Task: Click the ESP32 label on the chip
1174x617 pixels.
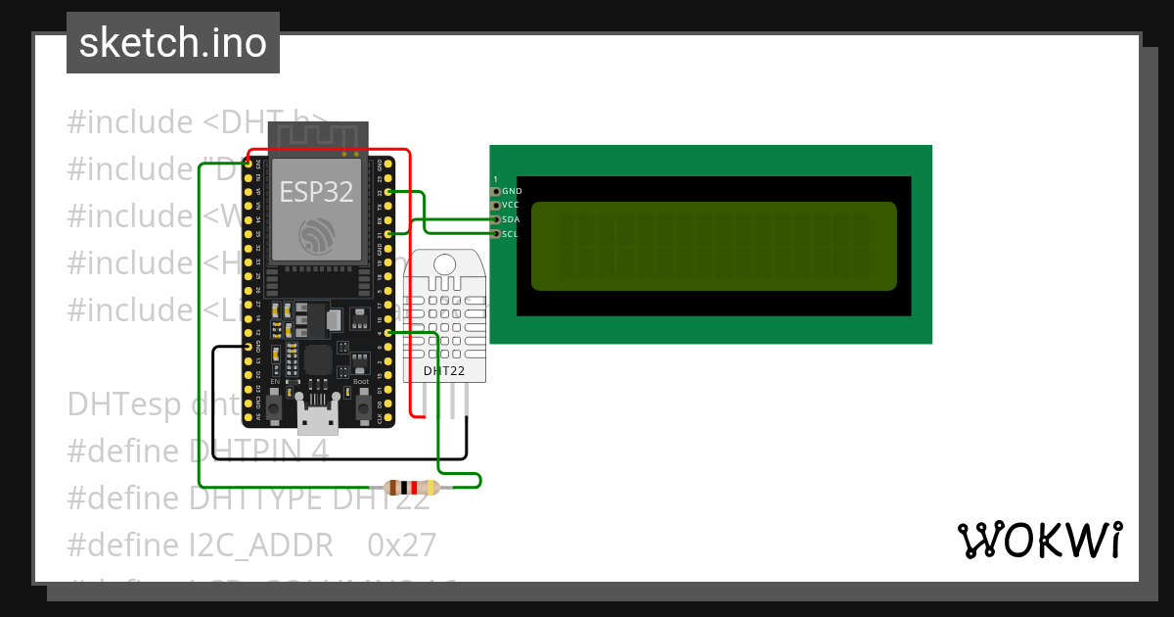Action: pos(317,192)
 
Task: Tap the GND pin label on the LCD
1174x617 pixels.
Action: pos(511,191)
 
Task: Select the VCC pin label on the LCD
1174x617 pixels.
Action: pos(511,206)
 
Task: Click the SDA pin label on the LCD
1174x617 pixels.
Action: pos(511,219)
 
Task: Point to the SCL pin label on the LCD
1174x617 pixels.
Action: pos(511,234)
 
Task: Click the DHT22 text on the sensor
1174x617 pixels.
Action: pos(443,371)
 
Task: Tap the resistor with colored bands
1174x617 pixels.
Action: pos(411,488)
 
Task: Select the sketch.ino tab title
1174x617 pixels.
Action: pos(173,43)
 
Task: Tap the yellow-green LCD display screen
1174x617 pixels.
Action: pos(713,246)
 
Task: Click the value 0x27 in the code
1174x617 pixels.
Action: pos(402,545)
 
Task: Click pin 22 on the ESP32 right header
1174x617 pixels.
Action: pos(389,192)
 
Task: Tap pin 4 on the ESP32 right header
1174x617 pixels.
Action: pos(389,333)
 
